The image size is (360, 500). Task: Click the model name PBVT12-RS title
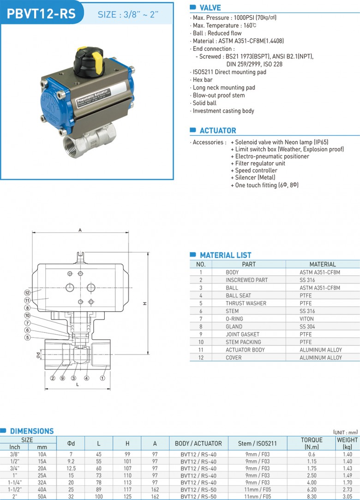tap(41, 14)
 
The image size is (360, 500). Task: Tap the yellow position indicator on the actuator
tap(97, 60)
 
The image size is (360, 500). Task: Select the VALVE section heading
tap(210, 8)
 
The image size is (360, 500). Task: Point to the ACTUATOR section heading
tap(218, 130)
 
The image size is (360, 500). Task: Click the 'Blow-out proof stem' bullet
tap(219, 96)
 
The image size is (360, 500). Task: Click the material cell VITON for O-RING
tap(306, 319)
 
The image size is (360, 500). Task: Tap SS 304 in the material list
tap(307, 326)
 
